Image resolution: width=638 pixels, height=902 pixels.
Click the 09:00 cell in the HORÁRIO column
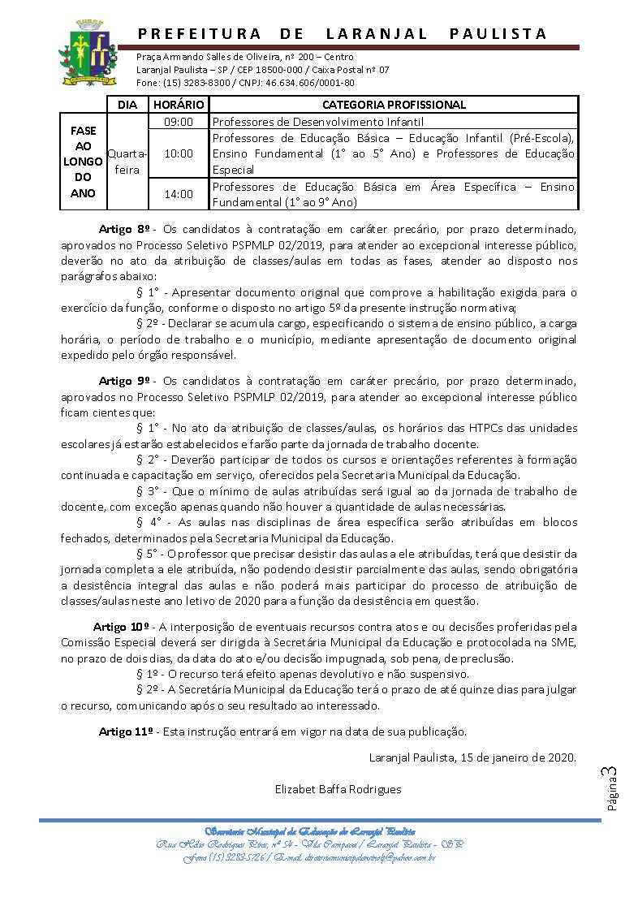[x=179, y=122]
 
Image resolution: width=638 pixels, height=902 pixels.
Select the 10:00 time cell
[x=179, y=153]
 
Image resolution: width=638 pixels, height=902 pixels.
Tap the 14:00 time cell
[x=179, y=194]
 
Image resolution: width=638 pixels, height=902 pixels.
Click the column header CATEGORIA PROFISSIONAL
[x=394, y=105]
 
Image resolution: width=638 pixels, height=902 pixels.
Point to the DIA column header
[x=127, y=105]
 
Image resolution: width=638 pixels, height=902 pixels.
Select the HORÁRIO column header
[x=179, y=105]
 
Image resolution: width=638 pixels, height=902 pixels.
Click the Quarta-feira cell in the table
[x=127, y=162]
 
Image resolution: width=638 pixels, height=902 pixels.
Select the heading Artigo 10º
[x=123, y=626]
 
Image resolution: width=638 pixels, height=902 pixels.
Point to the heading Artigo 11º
[x=127, y=732]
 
